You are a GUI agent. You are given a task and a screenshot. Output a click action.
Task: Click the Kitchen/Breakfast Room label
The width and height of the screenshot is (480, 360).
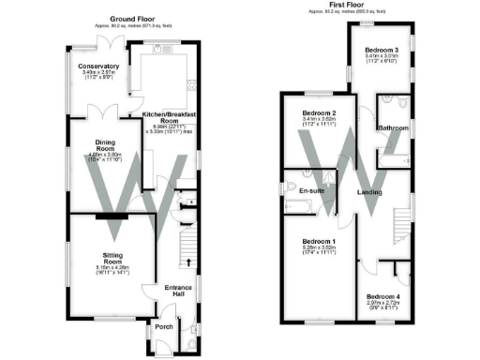click(x=167, y=117)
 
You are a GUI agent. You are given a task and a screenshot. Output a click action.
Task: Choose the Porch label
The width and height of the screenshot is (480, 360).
click(x=165, y=327)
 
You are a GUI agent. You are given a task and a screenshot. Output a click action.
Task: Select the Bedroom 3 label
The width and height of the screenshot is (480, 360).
click(x=382, y=50)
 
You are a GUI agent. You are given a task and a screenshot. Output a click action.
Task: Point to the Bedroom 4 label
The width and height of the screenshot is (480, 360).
click(x=383, y=298)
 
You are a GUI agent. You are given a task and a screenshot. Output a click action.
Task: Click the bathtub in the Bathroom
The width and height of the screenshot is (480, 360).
click(x=391, y=157)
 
